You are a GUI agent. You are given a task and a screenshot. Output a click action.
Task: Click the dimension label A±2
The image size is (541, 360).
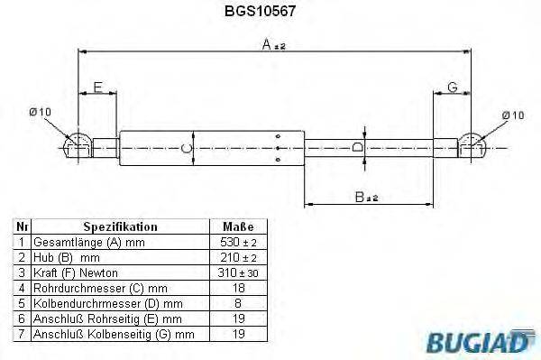coord(274,44)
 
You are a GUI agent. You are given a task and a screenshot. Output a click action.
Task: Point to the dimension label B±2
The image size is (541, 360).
coord(366,197)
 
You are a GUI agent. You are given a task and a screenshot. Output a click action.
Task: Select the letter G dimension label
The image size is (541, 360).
coord(454,87)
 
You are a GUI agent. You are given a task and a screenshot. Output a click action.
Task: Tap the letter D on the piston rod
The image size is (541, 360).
coord(357,146)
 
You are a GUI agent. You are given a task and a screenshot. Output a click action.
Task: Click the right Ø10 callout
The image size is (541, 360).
coord(512,115)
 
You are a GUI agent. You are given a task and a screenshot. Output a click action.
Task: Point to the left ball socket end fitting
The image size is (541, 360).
coord(78,145)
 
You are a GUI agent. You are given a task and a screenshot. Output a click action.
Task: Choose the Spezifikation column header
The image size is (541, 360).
coord(120,227)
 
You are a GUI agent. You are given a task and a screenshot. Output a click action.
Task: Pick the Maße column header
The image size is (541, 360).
coord(238,227)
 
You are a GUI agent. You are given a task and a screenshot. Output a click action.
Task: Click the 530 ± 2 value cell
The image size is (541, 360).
coord(238,243)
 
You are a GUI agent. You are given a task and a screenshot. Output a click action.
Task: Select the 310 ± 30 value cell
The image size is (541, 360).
coord(238,273)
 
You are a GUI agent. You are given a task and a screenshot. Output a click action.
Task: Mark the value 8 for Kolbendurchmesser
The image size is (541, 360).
coord(238,303)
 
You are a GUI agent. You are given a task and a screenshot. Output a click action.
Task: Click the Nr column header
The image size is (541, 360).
coord(23,227)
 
